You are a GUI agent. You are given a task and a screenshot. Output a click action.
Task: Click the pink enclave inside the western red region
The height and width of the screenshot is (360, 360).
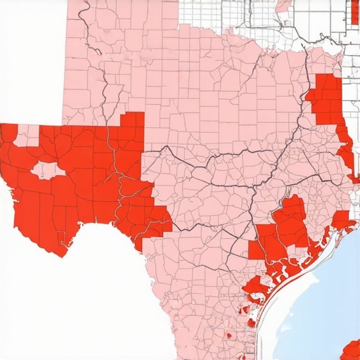pos(47,169)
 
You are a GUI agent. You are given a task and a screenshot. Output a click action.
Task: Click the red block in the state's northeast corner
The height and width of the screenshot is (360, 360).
pos(325,98)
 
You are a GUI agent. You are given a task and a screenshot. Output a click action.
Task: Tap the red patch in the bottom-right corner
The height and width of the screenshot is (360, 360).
pos(351,351)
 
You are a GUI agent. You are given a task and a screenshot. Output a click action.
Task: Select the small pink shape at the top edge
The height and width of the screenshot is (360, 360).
pos(282,5)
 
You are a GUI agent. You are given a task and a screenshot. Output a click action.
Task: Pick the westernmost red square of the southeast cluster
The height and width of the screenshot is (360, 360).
pos(256,250)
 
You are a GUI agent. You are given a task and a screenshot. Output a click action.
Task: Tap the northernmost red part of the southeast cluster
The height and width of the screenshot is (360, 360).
pos(295,204)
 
